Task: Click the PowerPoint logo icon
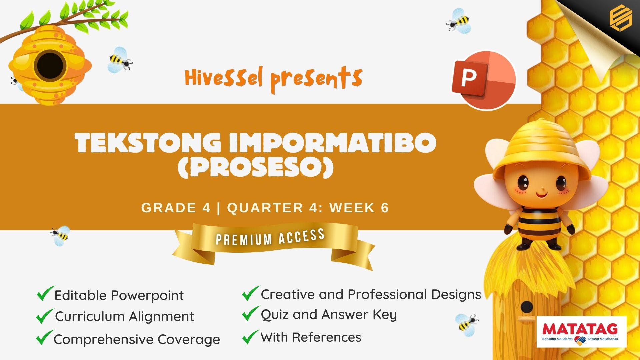[x=484, y=80]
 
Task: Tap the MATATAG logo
[x=581, y=332]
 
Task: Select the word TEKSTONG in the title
[x=148, y=142]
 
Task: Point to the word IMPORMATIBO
[x=332, y=142]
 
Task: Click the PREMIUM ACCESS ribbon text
[x=270, y=237]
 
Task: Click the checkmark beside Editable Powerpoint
[x=45, y=293]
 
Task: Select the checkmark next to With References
[x=251, y=337]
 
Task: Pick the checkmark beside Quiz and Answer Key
[x=251, y=314]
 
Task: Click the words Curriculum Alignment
[x=125, y=316]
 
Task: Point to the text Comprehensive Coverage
[x=137, y=339]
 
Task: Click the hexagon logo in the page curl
[x=620, y=19]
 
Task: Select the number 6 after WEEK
[x=385, y=208]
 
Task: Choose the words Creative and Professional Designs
[x=371, y=294]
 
